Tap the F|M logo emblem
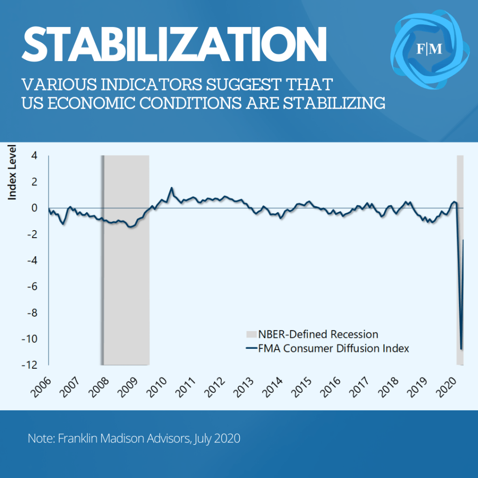pos(429,49)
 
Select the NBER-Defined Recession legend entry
pos(317,334)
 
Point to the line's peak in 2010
pos(172,188)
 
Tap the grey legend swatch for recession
pos(251,334)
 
